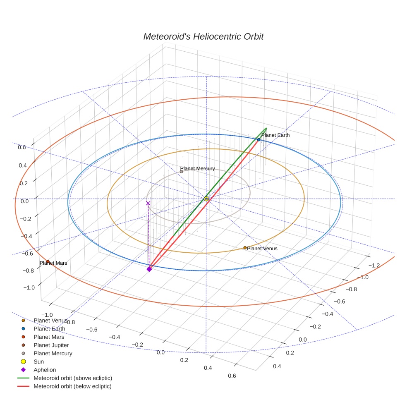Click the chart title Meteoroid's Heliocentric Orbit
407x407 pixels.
click(x=203, y=36)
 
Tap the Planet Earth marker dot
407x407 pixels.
click(x=259, y=140)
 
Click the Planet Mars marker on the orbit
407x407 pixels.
click(x=48, y=261)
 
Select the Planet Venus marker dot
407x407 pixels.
click(x=245, y=248)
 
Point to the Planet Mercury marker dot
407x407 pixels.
click(x=181, y=172)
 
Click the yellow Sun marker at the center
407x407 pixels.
click(x=206, y=199)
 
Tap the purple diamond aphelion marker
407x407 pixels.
click(x=149, y=269)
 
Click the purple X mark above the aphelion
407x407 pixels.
click(x=148, y=203)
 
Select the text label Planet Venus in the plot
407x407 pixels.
click(x=262, y=249)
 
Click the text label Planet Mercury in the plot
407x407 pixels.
click(x=197, y=168)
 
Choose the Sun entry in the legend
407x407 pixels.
click(x=38, y=362)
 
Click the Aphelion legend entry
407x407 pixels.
click(x=45, y=370)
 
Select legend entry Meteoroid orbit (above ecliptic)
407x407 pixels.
click(x=73, y=378)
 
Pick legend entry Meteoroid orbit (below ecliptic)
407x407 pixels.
click(x=72, y=386)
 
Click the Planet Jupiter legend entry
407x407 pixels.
click(x=51, y=345)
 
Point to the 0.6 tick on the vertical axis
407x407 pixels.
click(x=22, y=147)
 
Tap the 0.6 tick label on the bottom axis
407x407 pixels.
click(x=232, y=376)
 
